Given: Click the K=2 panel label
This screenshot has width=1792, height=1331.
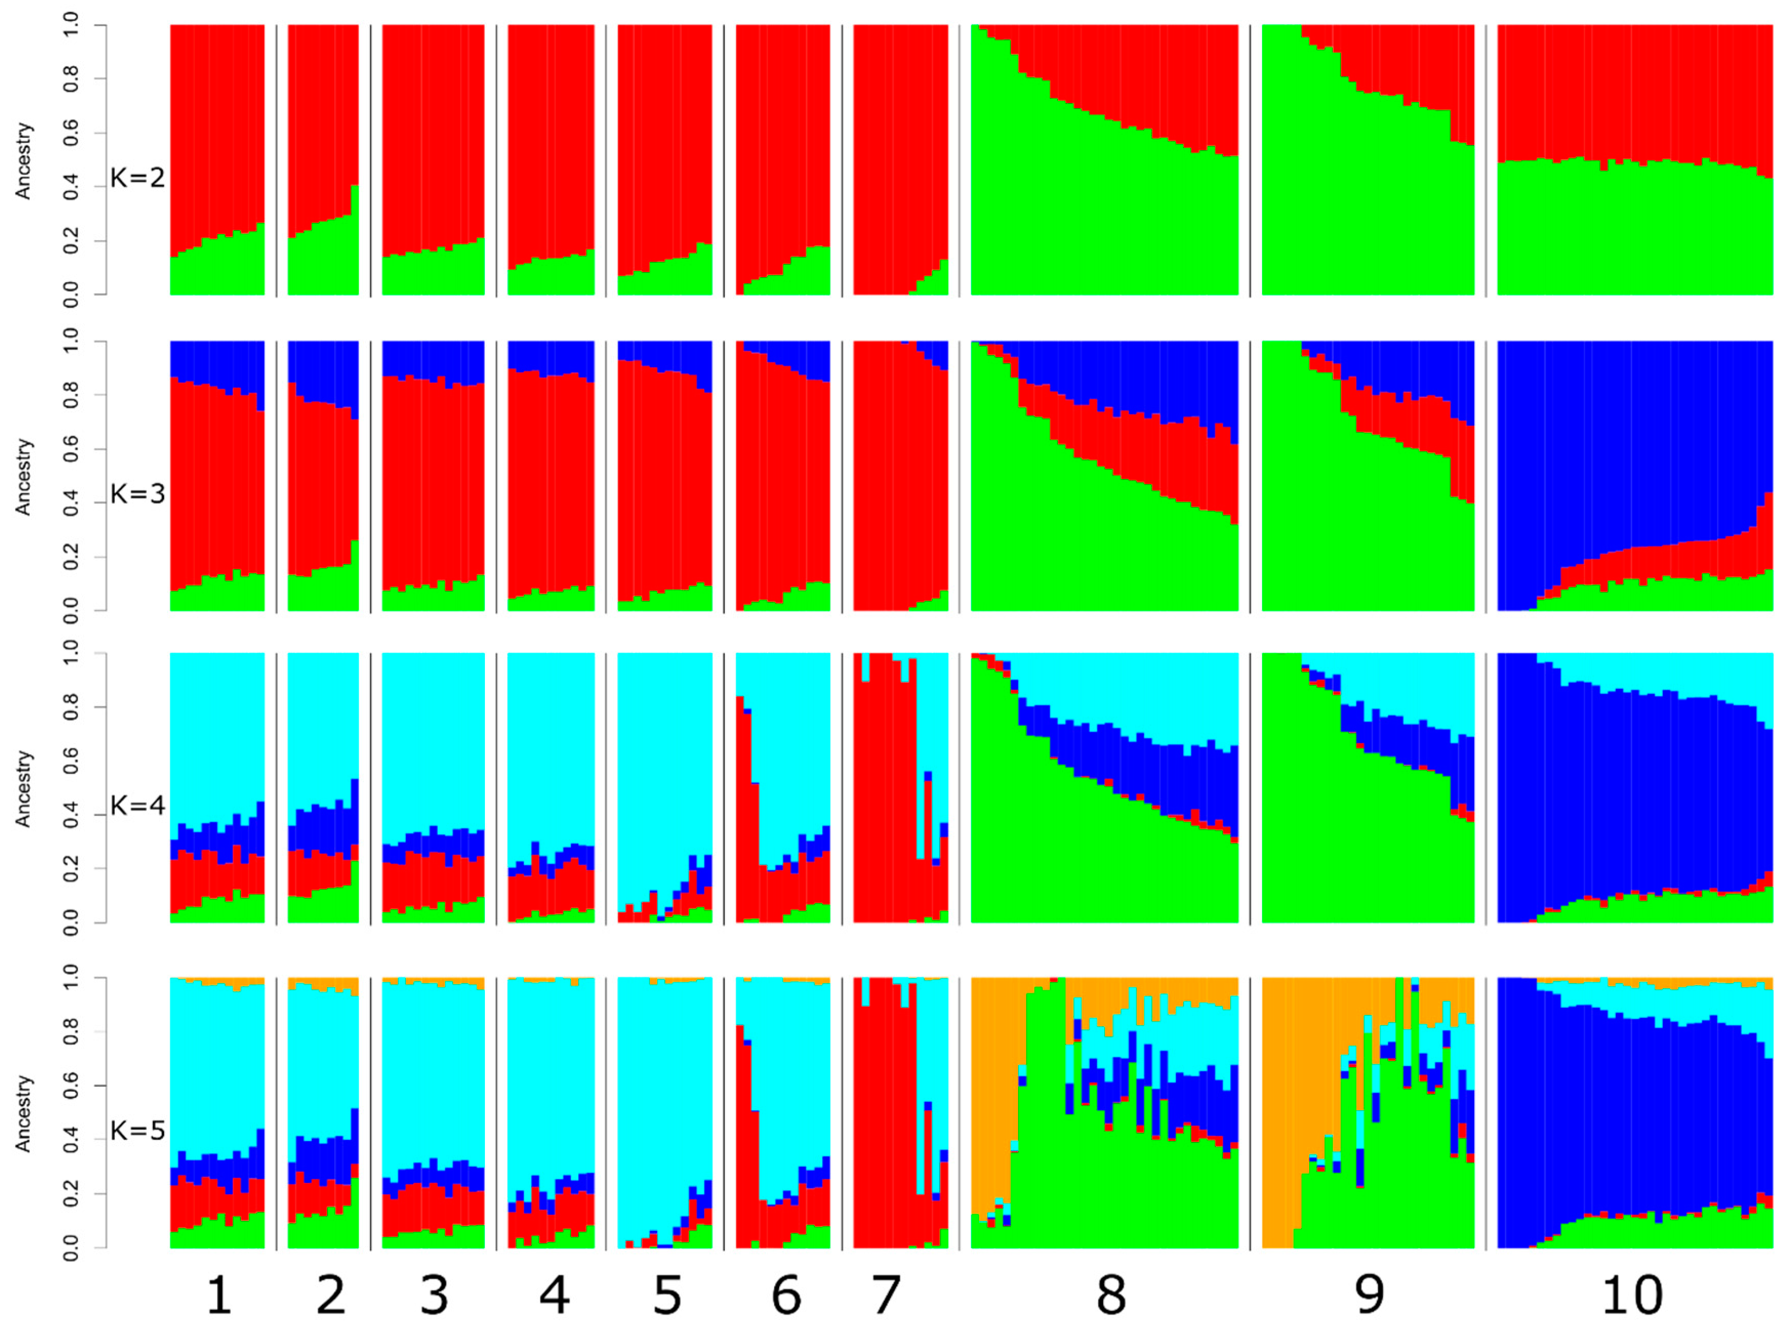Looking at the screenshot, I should tap(137, 177).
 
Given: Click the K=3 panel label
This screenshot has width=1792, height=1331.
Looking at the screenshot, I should tap(137, 493).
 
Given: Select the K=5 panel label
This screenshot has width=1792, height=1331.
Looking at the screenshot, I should tap(137, 1130).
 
